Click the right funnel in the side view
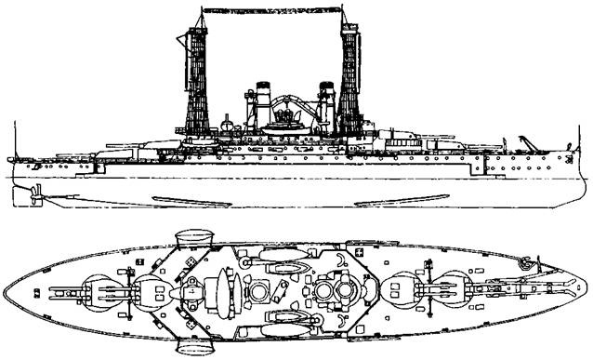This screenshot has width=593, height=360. coord(326,107)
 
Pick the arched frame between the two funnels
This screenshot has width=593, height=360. coord(287,100)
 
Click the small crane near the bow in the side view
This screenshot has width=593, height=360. coord(526,141)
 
